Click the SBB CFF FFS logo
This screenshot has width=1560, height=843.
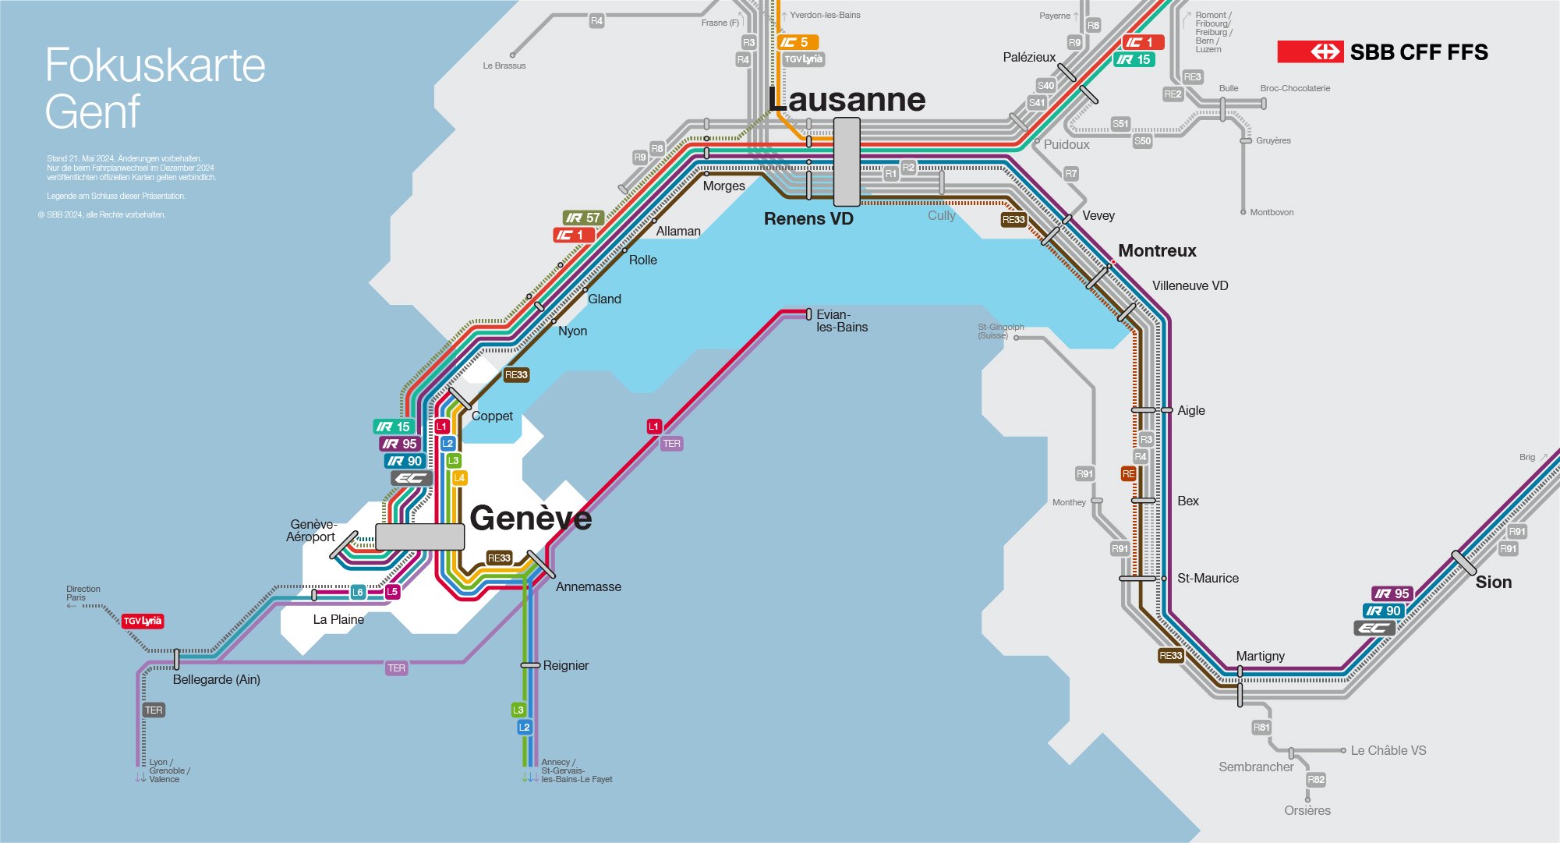[x=1382, y=52]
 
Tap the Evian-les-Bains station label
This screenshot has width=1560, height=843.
[x=841, y=321]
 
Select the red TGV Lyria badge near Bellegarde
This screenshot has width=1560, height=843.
[x=143, y=621]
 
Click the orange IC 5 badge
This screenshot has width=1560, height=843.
[x=798, y=42]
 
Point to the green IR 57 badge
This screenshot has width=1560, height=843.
[x=583, y=218]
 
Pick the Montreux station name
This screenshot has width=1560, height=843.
[x=1157, y=251]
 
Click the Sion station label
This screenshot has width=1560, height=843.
[x=1493, y=583]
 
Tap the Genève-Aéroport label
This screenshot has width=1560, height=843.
[x=311, y=531]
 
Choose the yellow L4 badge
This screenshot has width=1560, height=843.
[x=460, y=478]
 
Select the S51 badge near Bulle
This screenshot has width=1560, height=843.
[x=1120, y=124]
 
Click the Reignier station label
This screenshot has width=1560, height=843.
[x=565, y=666]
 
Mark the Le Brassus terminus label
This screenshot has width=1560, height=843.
[x=504, y=66]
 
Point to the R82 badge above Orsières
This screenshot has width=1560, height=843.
[x=1316, y=780]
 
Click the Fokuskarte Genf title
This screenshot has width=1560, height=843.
[x=154, y=87]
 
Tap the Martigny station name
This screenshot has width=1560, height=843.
[x=1260, y=657]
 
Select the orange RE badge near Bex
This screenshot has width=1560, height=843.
[x=1128, y=474]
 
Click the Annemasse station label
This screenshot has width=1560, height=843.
[x=588, y=587]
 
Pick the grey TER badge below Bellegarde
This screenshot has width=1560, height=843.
[x=154, y=710]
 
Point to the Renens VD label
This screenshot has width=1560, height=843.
[x=808, y=219]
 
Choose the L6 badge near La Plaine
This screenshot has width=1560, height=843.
[x=357, y=592]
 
